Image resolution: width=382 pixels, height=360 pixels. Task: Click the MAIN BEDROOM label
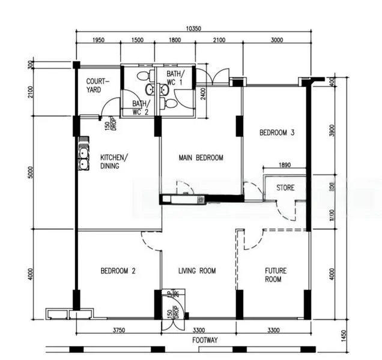point(201,158)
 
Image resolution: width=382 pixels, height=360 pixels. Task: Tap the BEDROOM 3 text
point(276,133)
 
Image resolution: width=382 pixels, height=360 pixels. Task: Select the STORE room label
point(285,188)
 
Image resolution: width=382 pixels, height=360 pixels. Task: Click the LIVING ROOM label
point(197,271)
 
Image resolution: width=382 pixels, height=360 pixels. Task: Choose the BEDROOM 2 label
point(118,271)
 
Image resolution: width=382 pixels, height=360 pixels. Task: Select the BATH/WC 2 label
point(140,107)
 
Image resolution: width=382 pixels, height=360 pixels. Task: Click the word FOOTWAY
point(204,340)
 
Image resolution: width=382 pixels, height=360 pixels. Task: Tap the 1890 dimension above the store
point(285,166)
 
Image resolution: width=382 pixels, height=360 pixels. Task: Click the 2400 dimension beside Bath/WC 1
point(203,94)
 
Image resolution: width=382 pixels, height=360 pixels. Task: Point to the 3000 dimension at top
point(276,40)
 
